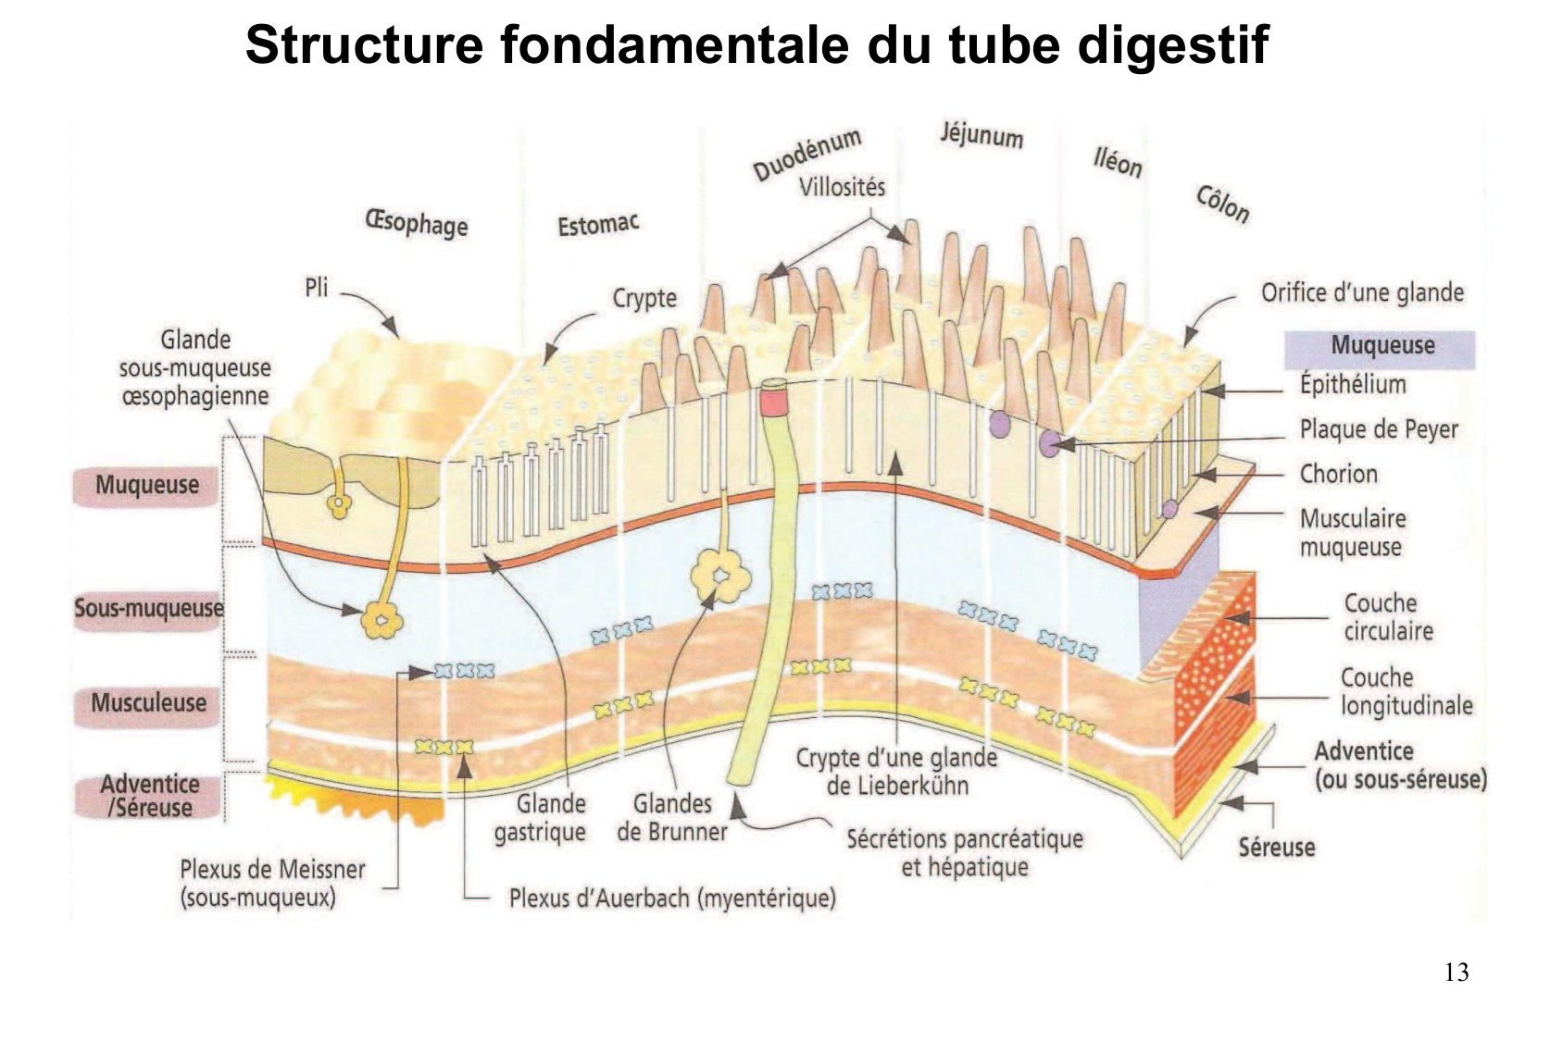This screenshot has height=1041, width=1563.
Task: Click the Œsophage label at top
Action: click(x=417, y=224)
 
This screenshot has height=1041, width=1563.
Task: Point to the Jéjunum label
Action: click(x=982, y=135)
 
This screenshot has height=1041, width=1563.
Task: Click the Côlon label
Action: click(x=1222, y=204)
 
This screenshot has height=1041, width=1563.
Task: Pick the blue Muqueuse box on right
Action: click(x=1380, y=346)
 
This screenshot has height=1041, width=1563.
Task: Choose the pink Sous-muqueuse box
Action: click(x=148, y=608)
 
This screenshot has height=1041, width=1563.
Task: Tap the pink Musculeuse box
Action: click(x=148, y=703)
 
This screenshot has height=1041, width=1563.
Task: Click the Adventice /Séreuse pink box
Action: click(x=149, y=796)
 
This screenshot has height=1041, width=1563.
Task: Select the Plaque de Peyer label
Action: click(x=1378, y=429)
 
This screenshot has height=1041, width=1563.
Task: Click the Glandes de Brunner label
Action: click(x=672, y=818)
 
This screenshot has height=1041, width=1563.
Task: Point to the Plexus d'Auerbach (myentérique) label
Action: click(x=672, y=898)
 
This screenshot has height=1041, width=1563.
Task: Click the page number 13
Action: click(x=1456, y=973)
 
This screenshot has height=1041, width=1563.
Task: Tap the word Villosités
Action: click(x=842, y=188)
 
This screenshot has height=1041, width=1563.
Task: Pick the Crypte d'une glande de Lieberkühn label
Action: click(x=896, y=772)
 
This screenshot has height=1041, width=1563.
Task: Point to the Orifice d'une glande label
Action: click(x=1362, y=293)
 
